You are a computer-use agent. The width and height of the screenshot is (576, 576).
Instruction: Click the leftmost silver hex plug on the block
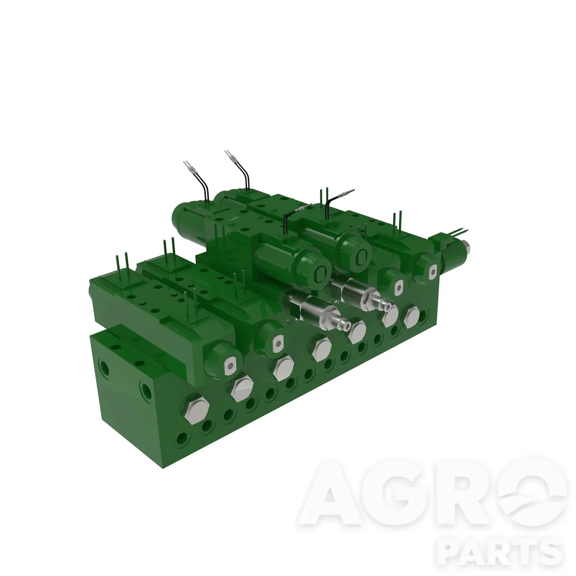[x=197, y=410]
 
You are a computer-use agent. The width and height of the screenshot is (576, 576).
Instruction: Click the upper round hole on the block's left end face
[x=104, y=367]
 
